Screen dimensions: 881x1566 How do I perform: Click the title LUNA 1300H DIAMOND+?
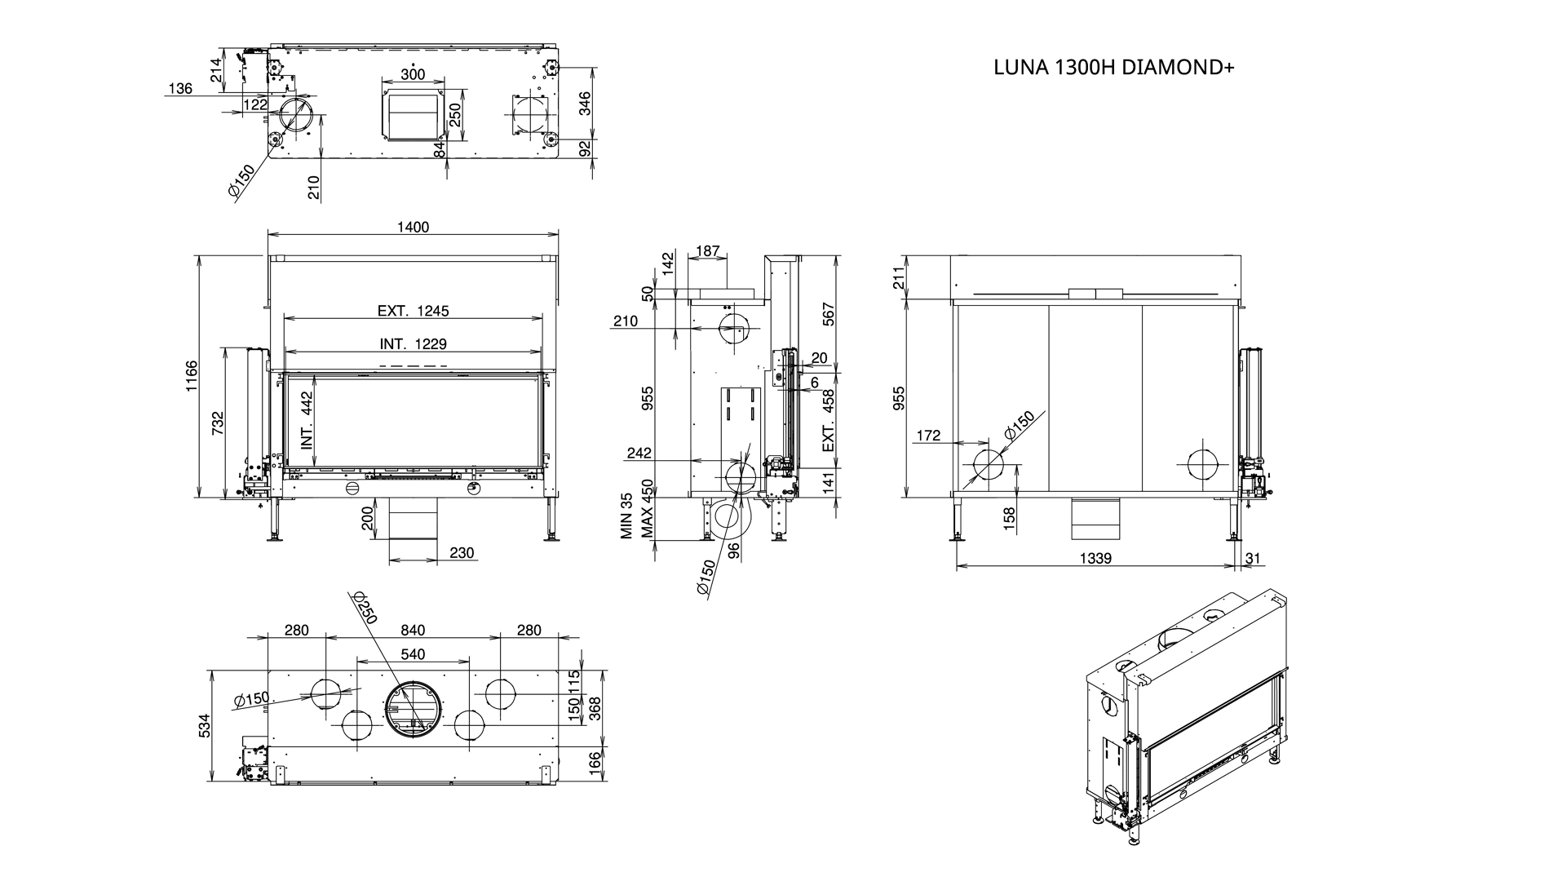pos(1113,67)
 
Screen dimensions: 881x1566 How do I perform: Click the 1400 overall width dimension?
pos(414,228)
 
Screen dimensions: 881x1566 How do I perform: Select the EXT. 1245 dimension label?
pos(413,311)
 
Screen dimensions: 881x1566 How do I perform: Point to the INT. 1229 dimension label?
pos(413,344)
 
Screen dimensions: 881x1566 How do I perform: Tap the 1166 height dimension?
pos(191,376)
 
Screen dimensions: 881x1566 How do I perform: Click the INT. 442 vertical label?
pos(307,421)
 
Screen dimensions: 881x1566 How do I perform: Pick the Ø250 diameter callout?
pos(363,608)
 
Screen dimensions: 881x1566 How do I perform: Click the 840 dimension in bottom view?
pos(413,631)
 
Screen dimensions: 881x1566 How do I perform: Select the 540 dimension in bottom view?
pos(413,654)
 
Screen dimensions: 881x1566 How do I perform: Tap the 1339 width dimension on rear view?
pos(1095,559)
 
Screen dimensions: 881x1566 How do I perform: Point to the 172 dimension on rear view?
pos(928,436)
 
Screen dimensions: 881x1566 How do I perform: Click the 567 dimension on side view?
pos(829,314)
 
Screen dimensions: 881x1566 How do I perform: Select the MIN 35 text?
pos(626,516)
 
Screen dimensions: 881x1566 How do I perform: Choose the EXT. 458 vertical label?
pos(829,421)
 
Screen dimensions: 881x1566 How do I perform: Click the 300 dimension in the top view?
pos(414,74)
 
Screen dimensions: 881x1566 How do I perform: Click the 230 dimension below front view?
pos(462,553)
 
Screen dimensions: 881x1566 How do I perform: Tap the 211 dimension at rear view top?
pos(900,278)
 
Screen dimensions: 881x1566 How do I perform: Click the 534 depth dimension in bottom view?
pos(204,726)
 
